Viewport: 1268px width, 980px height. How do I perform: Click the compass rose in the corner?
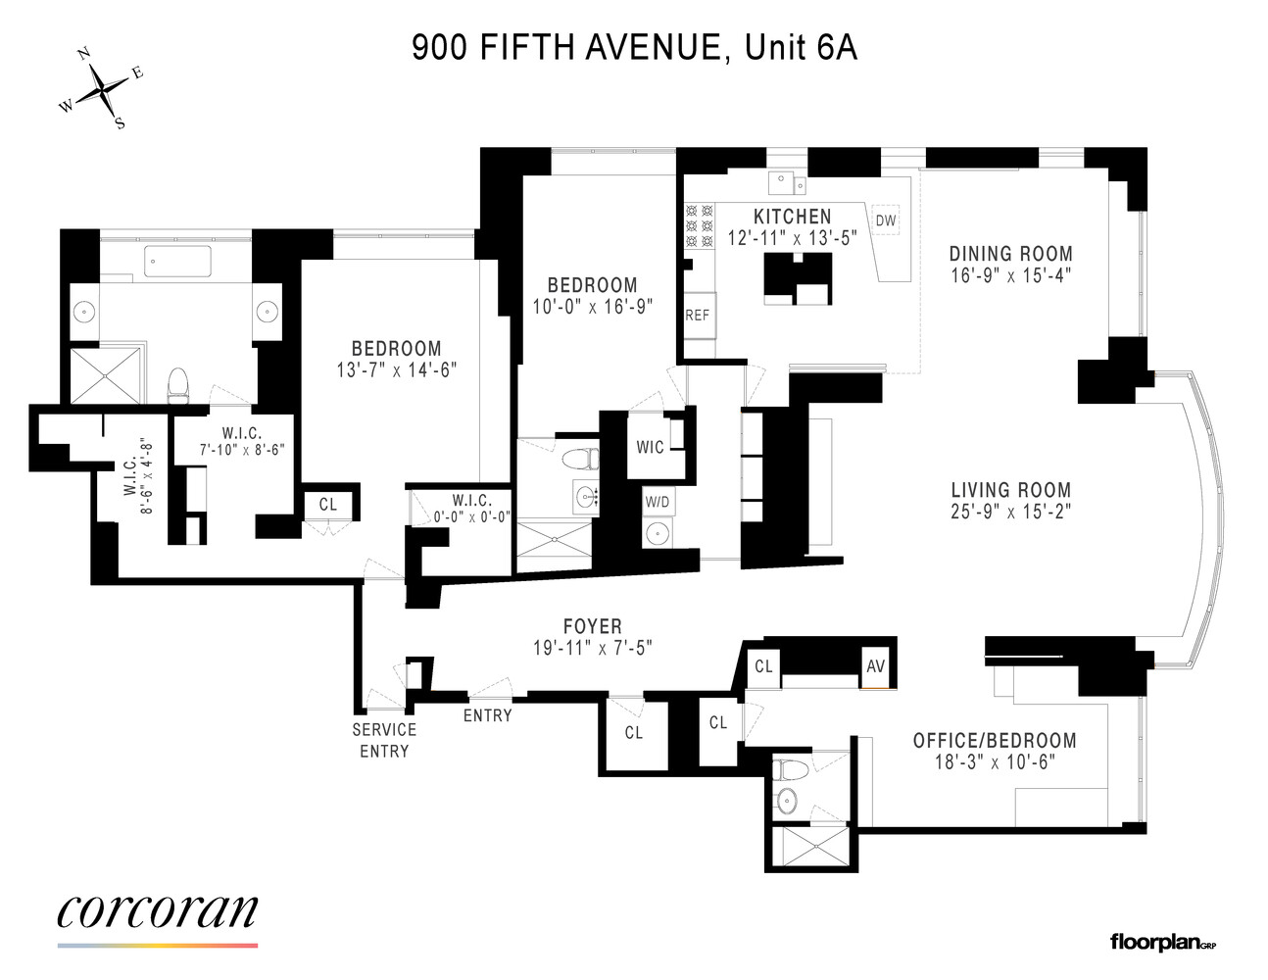click(101, 89)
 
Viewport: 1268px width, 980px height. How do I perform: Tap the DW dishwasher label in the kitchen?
click(885, 220)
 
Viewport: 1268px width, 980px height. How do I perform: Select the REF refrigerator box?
click(698, 315)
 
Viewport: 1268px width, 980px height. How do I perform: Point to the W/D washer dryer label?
click(658, 502)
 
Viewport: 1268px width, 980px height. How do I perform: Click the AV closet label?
click(875, 666)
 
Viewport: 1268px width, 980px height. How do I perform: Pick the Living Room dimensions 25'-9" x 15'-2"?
click(1010, 512)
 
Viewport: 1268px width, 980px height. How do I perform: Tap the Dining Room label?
click(1010, 254)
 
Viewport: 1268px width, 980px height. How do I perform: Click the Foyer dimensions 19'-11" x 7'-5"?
click(592, 648)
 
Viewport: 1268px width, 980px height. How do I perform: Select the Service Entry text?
click(384, 740)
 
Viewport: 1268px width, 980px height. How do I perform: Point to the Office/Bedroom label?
click(995, 741)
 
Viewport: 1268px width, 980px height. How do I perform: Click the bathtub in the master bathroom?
click(177, 262)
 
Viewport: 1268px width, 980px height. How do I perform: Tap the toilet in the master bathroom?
click(178, 385)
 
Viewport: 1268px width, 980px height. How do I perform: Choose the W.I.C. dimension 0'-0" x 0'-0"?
click(472, 517)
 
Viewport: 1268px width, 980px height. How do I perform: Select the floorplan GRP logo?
click(1162, 943)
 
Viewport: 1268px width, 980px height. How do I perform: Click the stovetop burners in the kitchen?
click(700, 225)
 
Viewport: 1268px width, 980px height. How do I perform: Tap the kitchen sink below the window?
click(787, 182)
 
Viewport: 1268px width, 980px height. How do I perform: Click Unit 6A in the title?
click(801, 47)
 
